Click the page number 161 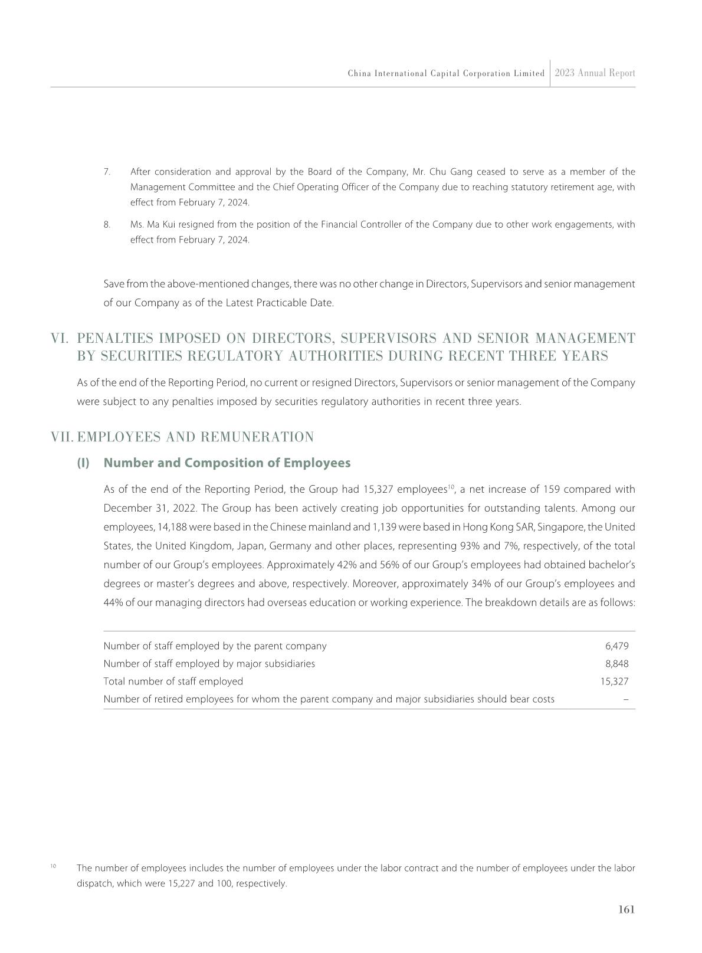point(626,910)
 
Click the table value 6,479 point(617,646)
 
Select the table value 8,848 point(617,664)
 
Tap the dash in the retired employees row point(625,699)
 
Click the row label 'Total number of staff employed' point(173,682)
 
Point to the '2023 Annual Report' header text point(595,73)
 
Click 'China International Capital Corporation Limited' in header point(446,74)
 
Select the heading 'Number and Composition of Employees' point(227,463)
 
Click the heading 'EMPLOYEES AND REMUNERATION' point(195,437)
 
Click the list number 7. point(107,172)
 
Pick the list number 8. point(107,225)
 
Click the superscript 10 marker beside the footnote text point(53,866)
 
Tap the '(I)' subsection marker point(83,463)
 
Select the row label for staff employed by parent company point(215,646)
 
